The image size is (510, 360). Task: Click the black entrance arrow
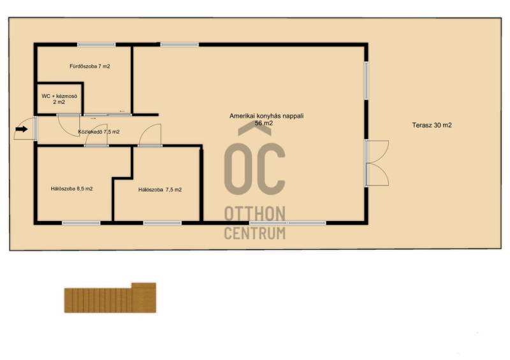pos(22,129)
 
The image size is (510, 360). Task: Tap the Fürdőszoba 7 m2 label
pos(90,66)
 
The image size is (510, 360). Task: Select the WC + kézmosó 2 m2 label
pos(59,99)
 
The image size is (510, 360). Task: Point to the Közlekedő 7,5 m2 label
pos(99,132)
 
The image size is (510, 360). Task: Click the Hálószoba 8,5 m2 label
pos(71,189)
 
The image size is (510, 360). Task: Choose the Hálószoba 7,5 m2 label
pos(160,190)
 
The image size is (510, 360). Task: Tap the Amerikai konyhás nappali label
pos(266,116)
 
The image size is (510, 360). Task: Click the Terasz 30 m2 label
pos(432,125)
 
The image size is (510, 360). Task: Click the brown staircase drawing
pos(110,298)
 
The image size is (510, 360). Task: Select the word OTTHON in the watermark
pos(254,213)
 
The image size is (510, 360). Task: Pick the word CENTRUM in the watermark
pos(254,233)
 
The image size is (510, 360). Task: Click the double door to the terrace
pos(377,163)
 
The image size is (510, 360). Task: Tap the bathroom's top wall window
pos(96,45)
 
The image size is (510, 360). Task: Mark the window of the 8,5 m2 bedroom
pos(81,223)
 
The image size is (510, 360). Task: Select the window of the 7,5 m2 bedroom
pos(163,223)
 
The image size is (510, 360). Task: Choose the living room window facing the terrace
pos(366,80)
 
